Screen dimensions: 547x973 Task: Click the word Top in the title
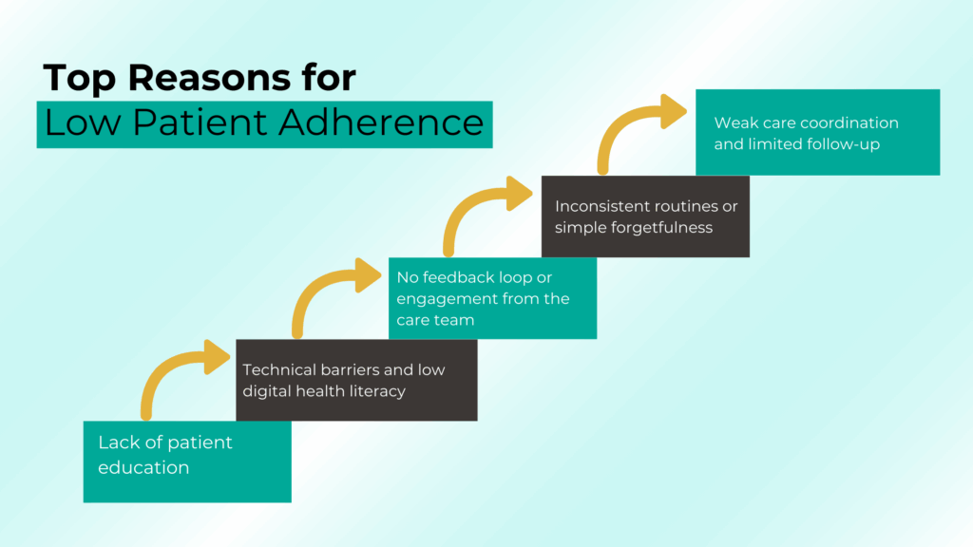(x=76, y=79)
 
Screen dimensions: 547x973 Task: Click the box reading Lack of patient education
(x=187, y=462)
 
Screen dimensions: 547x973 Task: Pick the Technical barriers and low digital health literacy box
(x=356, y=380)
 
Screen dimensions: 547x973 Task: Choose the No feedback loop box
(x=492, y=298)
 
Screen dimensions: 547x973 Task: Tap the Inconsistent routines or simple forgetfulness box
(x=645, y=217)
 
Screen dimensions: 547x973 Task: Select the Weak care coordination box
(x=817, y=133)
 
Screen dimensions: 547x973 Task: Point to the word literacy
(x=378, y=391)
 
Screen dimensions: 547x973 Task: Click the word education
(x=143, y=467)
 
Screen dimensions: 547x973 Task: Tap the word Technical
(x=279, y=369)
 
